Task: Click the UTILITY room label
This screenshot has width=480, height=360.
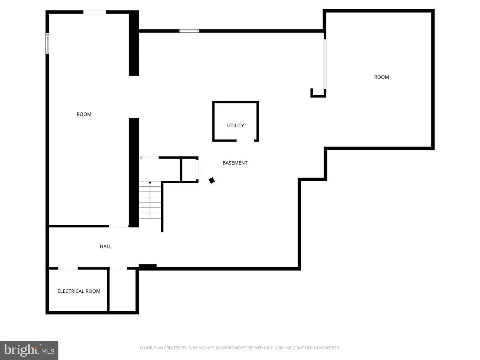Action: [x=235, y=126]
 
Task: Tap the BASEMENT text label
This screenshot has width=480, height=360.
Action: [x=235, y=163]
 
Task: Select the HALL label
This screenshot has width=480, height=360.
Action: [x=106, y=246]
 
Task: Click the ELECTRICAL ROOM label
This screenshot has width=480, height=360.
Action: [x=79, y=291]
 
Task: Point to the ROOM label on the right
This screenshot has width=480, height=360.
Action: [x=381, y=77]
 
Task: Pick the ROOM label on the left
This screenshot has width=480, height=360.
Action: [x=84, y=114]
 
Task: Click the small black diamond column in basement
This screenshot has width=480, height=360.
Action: [x=212, y=180]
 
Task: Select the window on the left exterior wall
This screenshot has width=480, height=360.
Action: [x=47, y=43]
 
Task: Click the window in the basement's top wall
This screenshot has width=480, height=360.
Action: [x=189, y=31]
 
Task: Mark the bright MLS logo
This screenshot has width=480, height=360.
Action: [x=29, y=350]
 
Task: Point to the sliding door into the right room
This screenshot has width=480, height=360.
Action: [x=325, y=64]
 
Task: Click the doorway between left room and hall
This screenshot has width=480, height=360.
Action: [x=119, y=226]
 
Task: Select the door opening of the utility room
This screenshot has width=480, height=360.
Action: [x=245, y=140]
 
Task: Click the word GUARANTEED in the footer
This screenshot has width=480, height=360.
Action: [x=326, y=348]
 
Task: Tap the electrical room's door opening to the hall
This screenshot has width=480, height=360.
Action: [x=68, y=269]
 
